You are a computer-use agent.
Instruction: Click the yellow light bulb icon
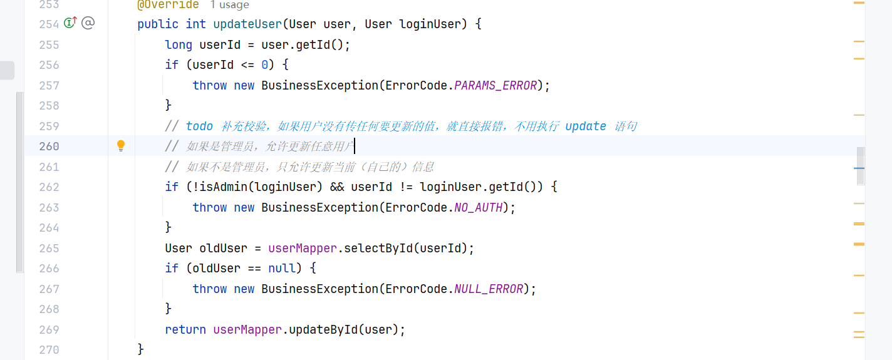[121, 146]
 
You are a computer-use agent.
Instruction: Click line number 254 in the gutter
[48, 24]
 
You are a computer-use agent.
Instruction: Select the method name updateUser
[247, 24]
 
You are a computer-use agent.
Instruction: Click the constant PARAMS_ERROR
[495, 86]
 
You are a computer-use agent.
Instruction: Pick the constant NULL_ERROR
[489, 289]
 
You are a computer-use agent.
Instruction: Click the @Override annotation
[168, 5]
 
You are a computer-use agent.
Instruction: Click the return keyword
[185, 330]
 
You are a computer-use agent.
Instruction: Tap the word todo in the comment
[199, 126]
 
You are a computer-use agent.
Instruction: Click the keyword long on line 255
[179, 45]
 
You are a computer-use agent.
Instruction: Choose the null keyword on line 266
[281, 269]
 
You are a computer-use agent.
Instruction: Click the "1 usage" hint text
[229, 5]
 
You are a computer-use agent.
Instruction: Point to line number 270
[48, 350]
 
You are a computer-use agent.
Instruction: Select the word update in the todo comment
[586, 126]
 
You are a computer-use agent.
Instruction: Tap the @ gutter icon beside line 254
[88, 24]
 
